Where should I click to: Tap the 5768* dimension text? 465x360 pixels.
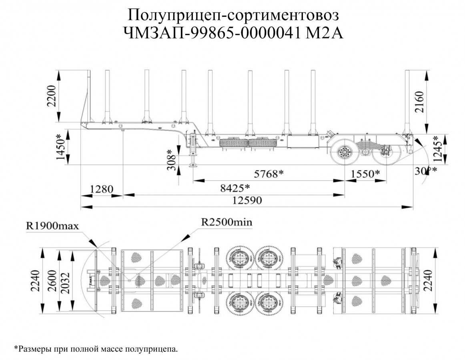[x=269, y=174]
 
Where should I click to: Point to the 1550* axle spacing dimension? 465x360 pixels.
[x=365, y=174]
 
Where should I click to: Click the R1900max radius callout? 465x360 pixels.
[x=52, y=225]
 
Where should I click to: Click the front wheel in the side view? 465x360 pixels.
[x=344, y=152]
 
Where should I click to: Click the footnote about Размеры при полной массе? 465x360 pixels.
[x=96, y=349]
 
